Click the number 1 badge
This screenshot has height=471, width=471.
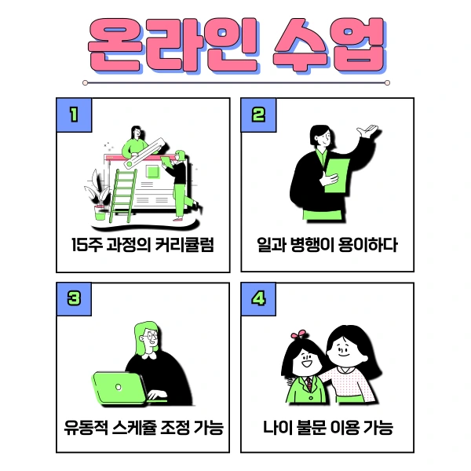pos(73,115)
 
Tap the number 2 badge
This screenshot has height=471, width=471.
pos(258,115)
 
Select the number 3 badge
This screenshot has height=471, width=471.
pos(73,299)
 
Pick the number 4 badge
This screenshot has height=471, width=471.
pos(258,299)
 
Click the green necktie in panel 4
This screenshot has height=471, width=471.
pos(309,385)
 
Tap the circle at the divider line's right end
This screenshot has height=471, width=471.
pos(387,82)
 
